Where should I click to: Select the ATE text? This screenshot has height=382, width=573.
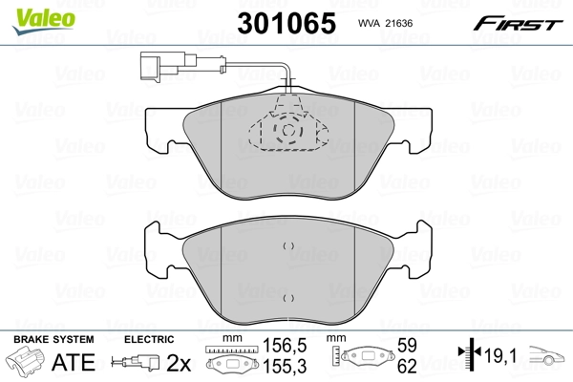pos(72,362)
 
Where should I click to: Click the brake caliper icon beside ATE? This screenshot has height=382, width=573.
pos(26,363)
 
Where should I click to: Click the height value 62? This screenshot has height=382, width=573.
pos(409,367)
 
